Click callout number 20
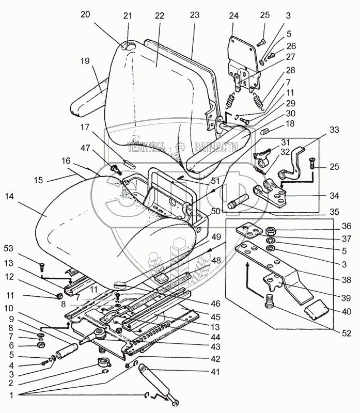coord(85,14)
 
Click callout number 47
coord(99,148)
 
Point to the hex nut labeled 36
coord(269,229)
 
